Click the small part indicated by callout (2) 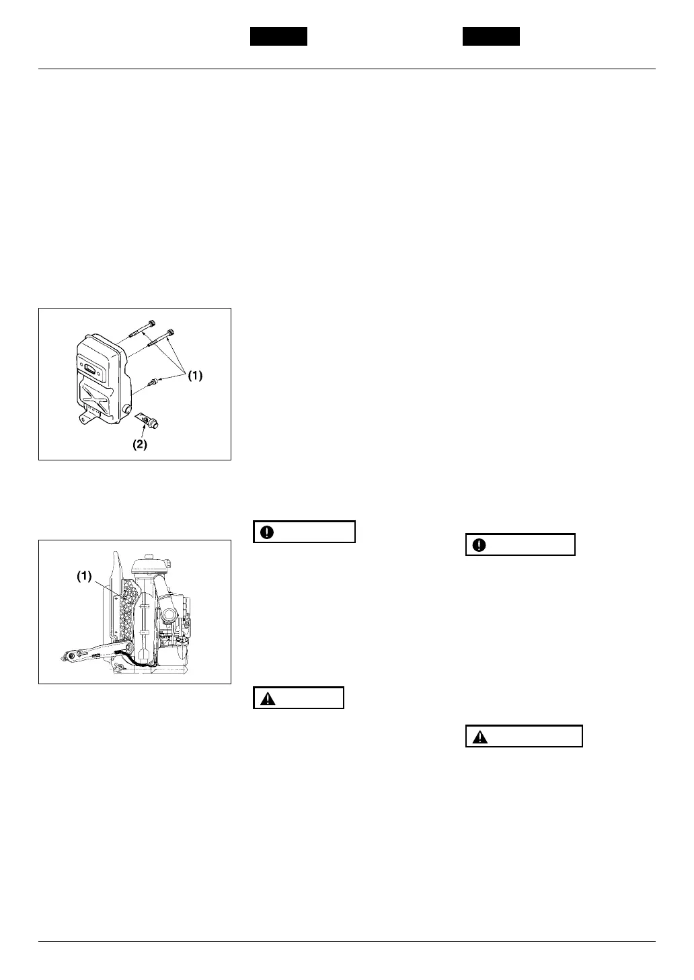coord(151,421)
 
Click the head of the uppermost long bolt coord(149,322)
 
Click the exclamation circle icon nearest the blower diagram coord(268,532)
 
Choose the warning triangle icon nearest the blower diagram coord(268,698)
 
